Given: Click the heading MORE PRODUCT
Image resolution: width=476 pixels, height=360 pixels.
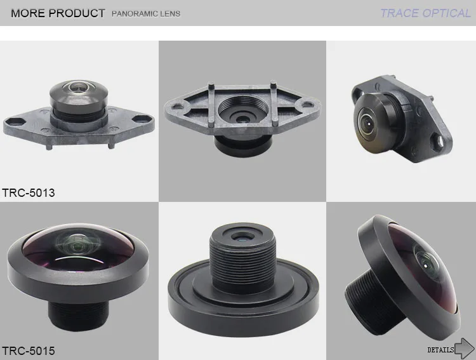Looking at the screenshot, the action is click(58, 13).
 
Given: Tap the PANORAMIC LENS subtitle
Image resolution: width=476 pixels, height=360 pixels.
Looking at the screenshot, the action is click(146, 14).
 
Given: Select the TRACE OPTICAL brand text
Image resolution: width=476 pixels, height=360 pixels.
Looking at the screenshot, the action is click(425, 13).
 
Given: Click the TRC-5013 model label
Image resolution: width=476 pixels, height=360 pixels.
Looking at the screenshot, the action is click(28, 193).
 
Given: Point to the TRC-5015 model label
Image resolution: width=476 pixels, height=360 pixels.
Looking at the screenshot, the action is click(28, 351).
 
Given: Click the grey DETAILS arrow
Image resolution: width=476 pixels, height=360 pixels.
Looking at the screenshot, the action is click(465, 349).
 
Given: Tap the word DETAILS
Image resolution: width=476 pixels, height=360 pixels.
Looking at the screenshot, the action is click(440, 350).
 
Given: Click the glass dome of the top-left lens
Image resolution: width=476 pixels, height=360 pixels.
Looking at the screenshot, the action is click(79, 86).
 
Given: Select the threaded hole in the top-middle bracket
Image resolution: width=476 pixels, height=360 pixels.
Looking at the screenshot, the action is click(243, 111).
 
